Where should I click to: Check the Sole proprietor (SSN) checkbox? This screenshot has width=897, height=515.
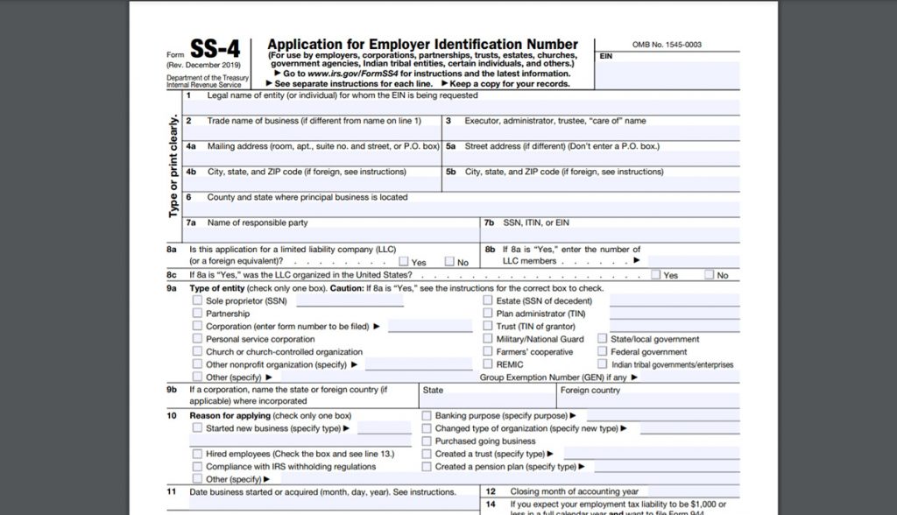click(197, 300)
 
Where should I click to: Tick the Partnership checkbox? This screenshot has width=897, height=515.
click(197, 314)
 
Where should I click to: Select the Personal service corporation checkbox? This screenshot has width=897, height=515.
click(197, 339)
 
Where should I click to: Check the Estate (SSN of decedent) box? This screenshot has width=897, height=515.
click(488, 300)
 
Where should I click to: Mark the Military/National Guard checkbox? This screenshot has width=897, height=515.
click(488, 339)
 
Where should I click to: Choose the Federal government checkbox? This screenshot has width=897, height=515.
click(603, 352)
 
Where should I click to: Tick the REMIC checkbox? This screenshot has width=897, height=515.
click(488, 364)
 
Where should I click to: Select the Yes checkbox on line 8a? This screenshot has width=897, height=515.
click(403, 262)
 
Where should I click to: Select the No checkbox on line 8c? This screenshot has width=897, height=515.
click(709, 275)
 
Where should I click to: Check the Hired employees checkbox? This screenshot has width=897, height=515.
click(197, 454)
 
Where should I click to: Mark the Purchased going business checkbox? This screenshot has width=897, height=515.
click(427, 441)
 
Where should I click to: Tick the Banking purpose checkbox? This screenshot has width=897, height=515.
click(427, 416)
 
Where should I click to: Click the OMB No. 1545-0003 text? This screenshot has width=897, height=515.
click(667, 45)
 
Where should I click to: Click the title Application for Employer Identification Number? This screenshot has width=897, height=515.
click(421, 45)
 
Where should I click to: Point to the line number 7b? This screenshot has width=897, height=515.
click(489, 223)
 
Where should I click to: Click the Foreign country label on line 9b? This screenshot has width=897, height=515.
click(590, 391)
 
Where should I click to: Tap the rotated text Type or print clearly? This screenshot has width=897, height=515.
click(174, 166)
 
